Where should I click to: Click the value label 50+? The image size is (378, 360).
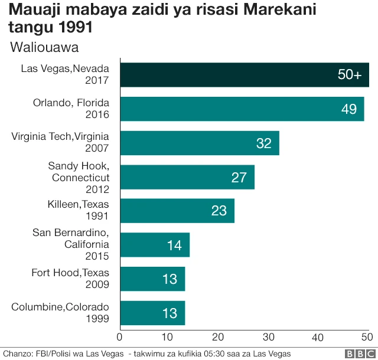[349, 75]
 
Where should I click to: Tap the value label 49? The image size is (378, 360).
[349, 109]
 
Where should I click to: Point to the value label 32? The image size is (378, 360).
[263, 143]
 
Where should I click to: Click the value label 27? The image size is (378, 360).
[239, 177]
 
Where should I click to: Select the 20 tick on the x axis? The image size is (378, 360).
[219, 337]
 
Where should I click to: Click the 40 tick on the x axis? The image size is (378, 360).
[319, 337]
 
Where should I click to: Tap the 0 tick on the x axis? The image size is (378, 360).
[120, 337]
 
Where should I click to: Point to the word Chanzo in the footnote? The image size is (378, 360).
[16, 354]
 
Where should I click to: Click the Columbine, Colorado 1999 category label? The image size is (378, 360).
[60, 313]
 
